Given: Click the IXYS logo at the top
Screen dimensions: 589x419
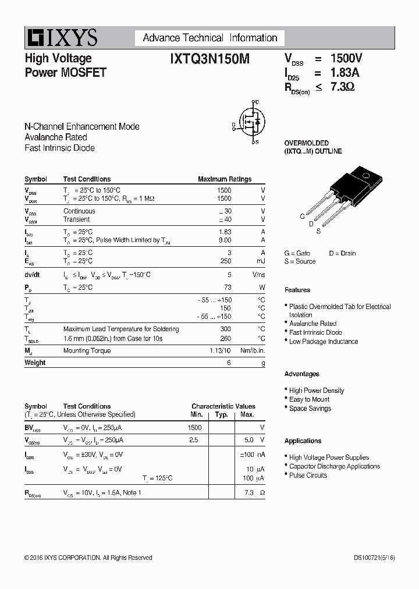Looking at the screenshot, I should point(61,38).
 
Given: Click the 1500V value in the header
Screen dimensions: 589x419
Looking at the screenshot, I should point(347,58).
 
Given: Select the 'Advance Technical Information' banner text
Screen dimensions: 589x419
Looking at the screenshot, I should point(210,38).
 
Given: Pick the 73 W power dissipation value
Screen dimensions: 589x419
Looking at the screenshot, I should point(228,288).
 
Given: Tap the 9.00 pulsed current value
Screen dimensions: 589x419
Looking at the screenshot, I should point(225,240).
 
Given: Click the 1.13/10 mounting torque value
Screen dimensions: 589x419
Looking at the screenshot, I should point(220,350).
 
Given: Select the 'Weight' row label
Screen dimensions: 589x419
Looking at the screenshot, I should point(35,363).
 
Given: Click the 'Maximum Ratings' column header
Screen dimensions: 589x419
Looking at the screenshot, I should point(225,179).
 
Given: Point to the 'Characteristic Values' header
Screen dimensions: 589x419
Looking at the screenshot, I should point(223,406).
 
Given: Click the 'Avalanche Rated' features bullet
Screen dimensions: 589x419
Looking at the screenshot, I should point(313,324).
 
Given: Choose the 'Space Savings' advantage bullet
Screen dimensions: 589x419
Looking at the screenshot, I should point(310,409).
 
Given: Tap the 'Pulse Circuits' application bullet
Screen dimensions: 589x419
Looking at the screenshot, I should point(308,476).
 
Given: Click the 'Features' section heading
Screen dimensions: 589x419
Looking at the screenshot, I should point(297,290).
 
